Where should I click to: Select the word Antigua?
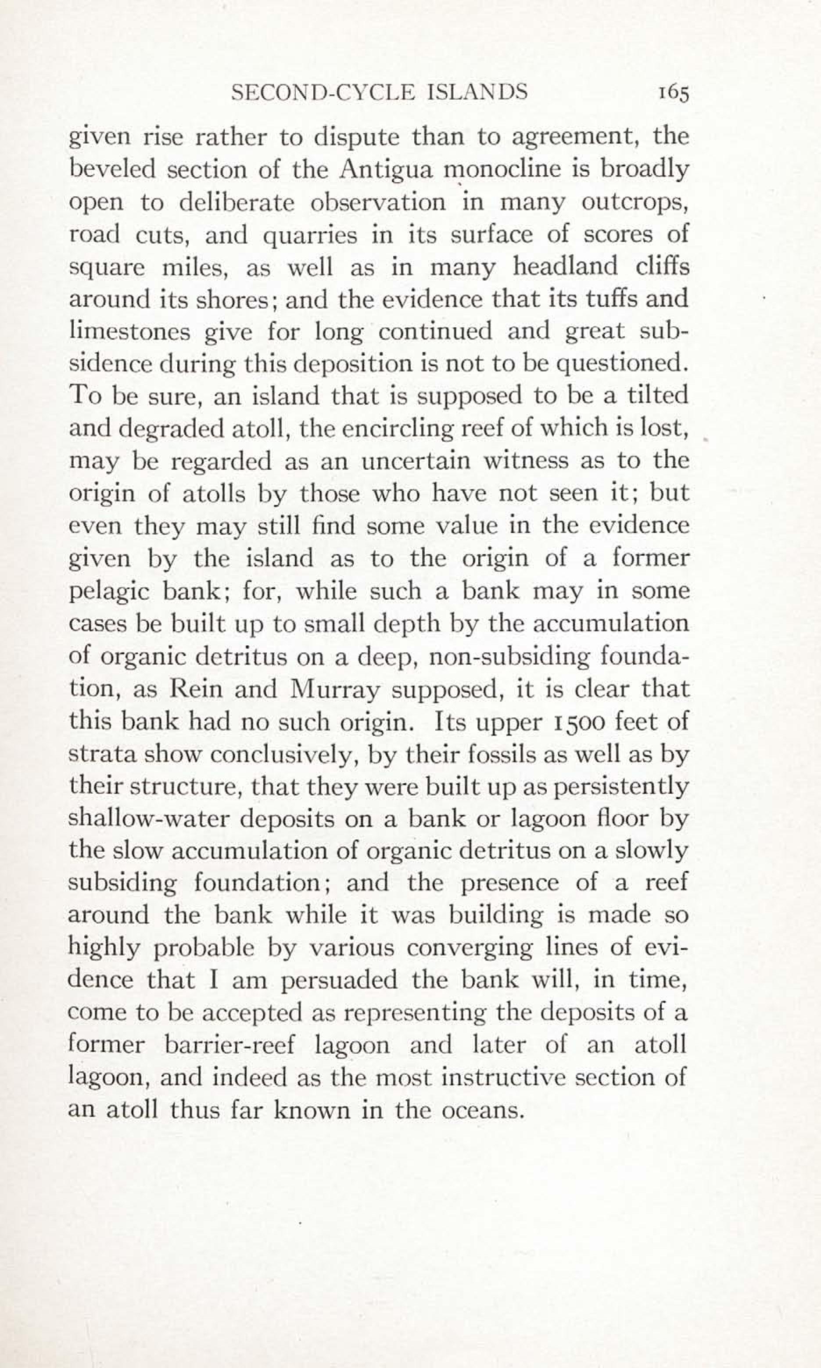point(386,169)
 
